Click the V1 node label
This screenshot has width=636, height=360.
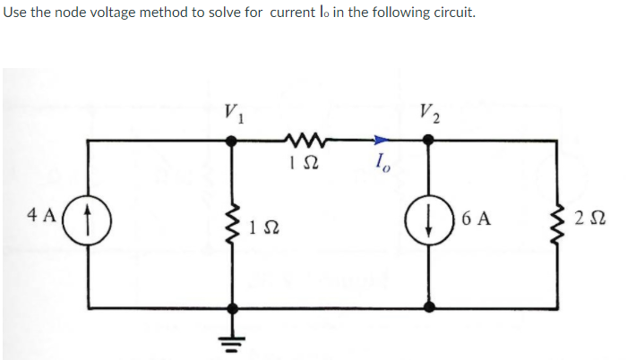[x=236, y=113]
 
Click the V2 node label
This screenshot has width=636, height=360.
[x=427, y=113]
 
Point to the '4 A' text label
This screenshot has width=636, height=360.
[x=41, y=217]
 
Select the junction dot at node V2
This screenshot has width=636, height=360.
[x=430, y=140]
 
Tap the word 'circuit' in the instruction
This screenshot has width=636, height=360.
[x=448, y=14]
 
